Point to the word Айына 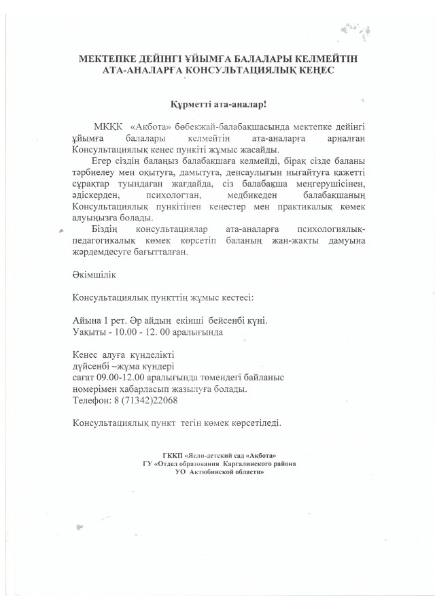pos(86,320)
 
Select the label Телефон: pos(92,399)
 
